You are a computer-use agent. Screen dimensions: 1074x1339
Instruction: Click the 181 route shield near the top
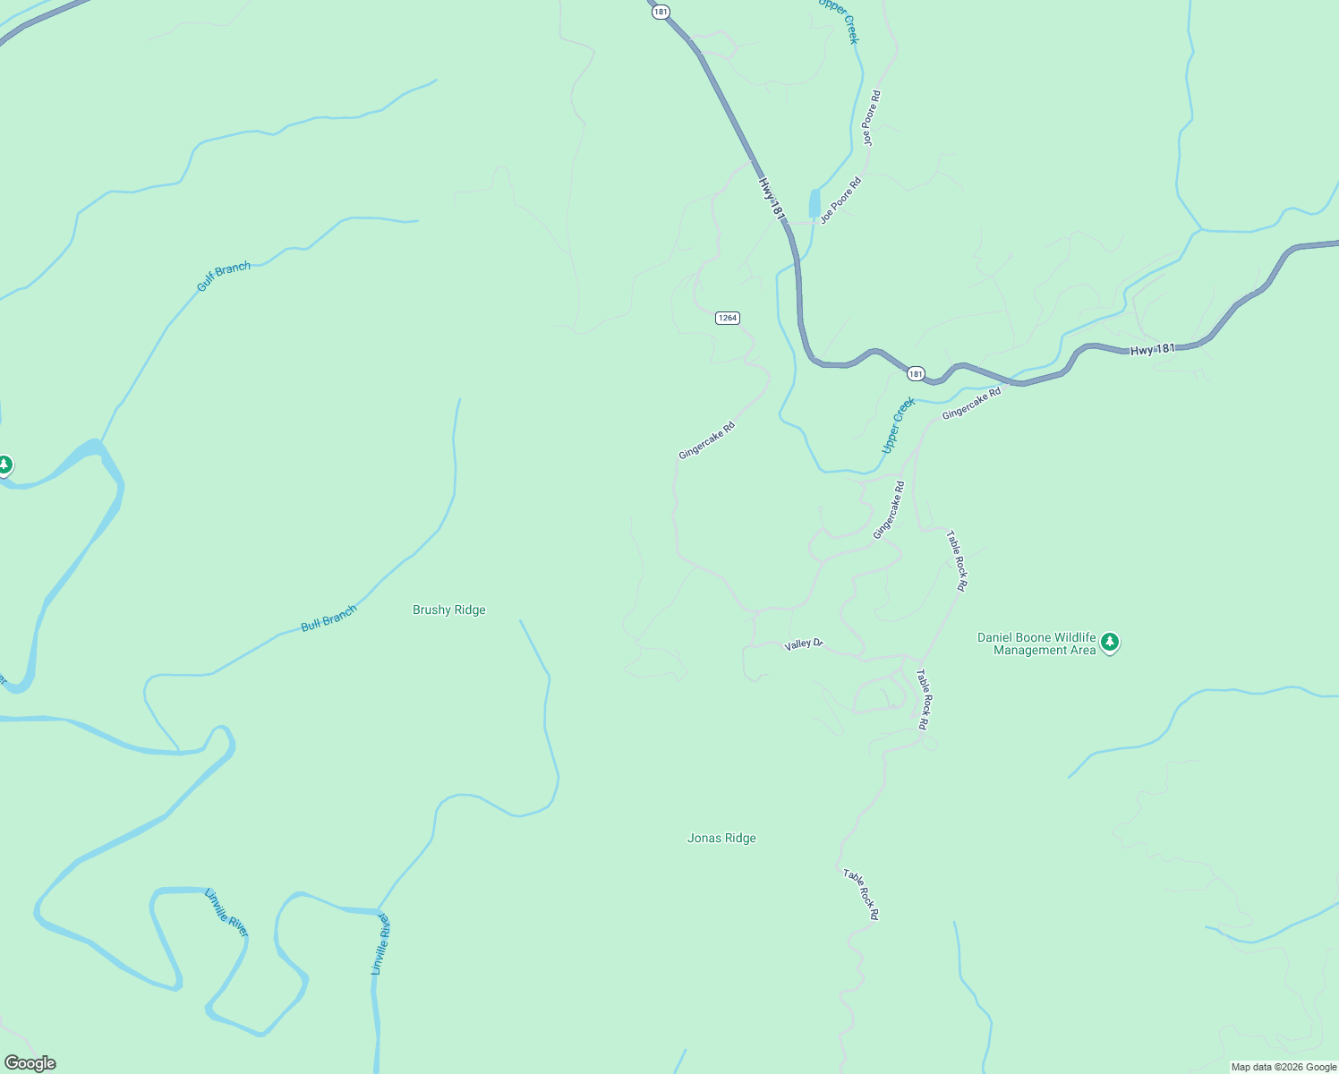(x=661, y=12)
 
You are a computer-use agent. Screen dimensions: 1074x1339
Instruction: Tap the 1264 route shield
(x=728, y=319)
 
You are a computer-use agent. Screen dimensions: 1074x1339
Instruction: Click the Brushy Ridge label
(x=449, y=610)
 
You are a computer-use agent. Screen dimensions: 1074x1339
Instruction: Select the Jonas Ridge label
(x=721, y=839)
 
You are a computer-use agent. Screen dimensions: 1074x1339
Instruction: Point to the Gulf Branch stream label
(x=224, y=277)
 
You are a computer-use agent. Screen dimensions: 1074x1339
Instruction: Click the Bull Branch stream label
(x=328, y=618)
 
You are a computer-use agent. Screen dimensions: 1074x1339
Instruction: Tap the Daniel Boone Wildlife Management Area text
(x=1036, y=644)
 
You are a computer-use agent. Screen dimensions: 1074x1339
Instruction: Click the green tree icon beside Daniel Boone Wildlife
(x=1110, y=642)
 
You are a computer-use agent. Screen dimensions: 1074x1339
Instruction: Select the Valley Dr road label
(x=803, y=644)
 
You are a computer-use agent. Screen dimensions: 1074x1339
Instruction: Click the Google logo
(x=30, y=1063)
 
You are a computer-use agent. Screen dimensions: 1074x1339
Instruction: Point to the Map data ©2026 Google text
(x=1284, y=1067)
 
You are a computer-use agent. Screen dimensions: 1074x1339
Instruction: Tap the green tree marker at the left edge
(x=5, y=465)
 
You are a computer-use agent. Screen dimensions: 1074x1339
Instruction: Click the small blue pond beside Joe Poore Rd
(x=814, y=204)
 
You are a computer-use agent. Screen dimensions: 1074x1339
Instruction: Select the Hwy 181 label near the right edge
(x=1153, y=350)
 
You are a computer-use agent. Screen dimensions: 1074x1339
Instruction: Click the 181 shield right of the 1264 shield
(x=915, y=373)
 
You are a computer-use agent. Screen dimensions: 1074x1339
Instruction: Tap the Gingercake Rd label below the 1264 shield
(x=706, y=440)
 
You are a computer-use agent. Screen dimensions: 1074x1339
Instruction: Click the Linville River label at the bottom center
(x=381, y=943)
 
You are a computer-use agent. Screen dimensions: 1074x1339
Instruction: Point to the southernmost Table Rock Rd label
(x=861, y=894)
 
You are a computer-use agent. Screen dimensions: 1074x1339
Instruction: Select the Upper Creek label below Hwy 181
(x=899, y=425)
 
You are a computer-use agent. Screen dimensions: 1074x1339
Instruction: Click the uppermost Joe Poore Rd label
(x=871, y=118)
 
